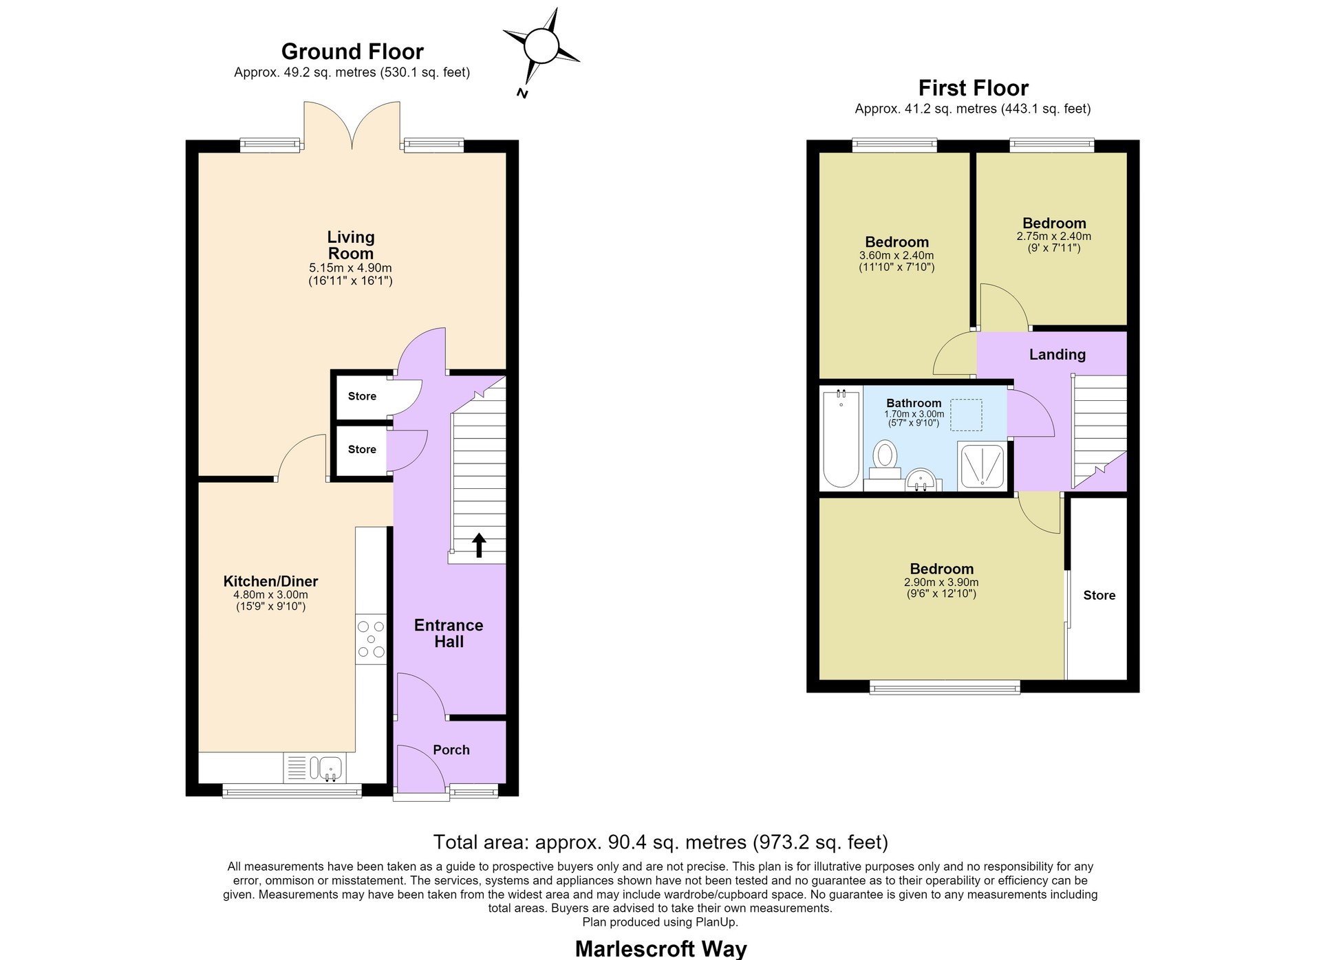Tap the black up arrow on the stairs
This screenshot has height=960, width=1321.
(479, 545)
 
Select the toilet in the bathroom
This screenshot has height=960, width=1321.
(885, 459)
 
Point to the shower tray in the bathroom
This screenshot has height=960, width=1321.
(982, 466)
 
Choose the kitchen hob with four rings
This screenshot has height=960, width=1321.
(371, 639)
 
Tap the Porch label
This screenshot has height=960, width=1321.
(451, 750)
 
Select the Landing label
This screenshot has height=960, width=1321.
(1057, 354)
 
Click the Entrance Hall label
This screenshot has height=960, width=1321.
(449, 633)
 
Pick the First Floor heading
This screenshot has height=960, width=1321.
(973, 88)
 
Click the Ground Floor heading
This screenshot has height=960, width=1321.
(352, 52)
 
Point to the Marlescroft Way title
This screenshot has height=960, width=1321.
(660, 949)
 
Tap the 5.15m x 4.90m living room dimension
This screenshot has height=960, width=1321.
(350, 268)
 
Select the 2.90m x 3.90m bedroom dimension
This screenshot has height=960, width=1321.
(941, 582)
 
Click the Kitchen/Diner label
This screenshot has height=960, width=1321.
(270, 581)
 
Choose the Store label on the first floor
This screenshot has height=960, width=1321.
(1099, 596)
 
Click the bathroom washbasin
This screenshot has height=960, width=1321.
(920, 479)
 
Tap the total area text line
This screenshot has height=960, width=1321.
(660, 842)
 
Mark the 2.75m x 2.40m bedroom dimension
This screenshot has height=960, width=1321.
(1054, 236)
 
